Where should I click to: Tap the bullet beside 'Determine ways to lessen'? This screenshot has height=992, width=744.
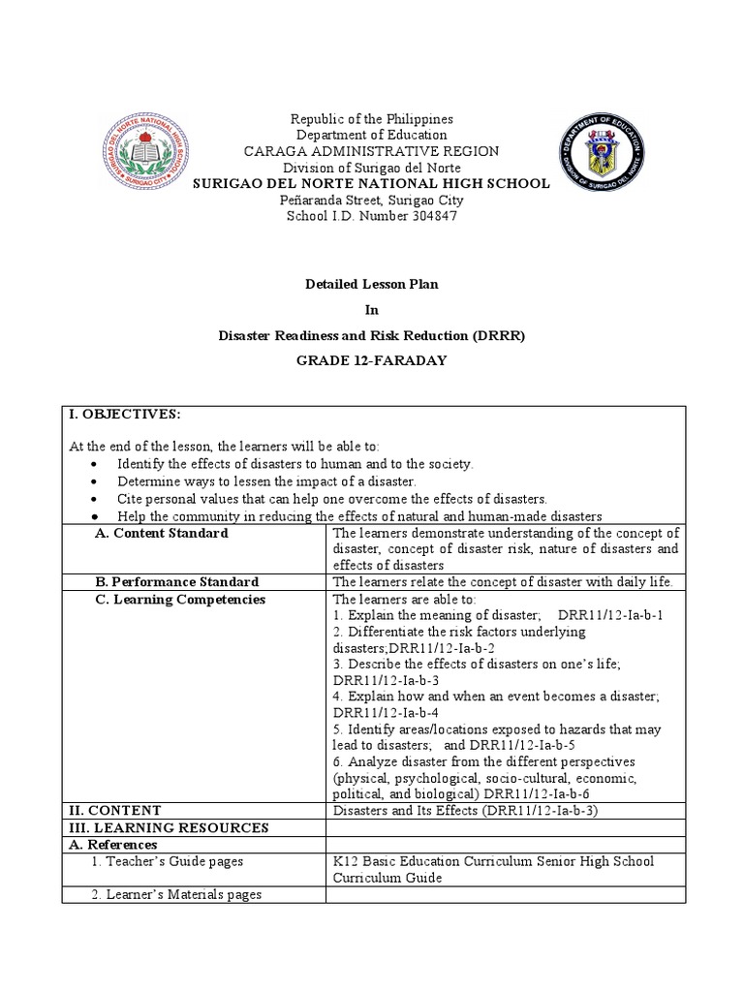click(92, 481)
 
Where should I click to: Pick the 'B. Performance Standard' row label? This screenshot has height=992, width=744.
click(176, 582)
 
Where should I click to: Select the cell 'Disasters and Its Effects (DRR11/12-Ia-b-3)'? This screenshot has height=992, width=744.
click(465, 810)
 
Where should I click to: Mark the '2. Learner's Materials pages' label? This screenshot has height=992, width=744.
click(176, 895)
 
